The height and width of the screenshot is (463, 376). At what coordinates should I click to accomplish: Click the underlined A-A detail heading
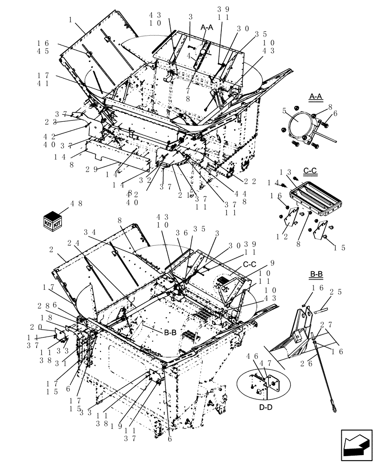(x=315, y=96)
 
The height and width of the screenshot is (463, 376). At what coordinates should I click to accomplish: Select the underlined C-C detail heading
(x=310, y=170)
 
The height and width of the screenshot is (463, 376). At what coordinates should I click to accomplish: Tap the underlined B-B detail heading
(x=316, y=274)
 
